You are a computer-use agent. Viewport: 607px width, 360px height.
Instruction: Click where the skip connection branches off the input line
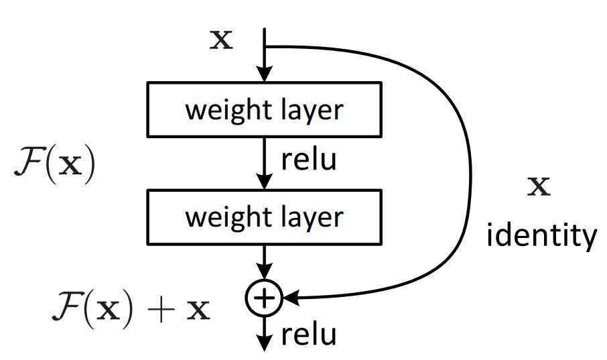pyautogui.click(x=265, y=47)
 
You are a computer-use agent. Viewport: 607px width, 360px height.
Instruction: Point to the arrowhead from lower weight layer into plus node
pyautogui.click(x=265, y=275)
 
